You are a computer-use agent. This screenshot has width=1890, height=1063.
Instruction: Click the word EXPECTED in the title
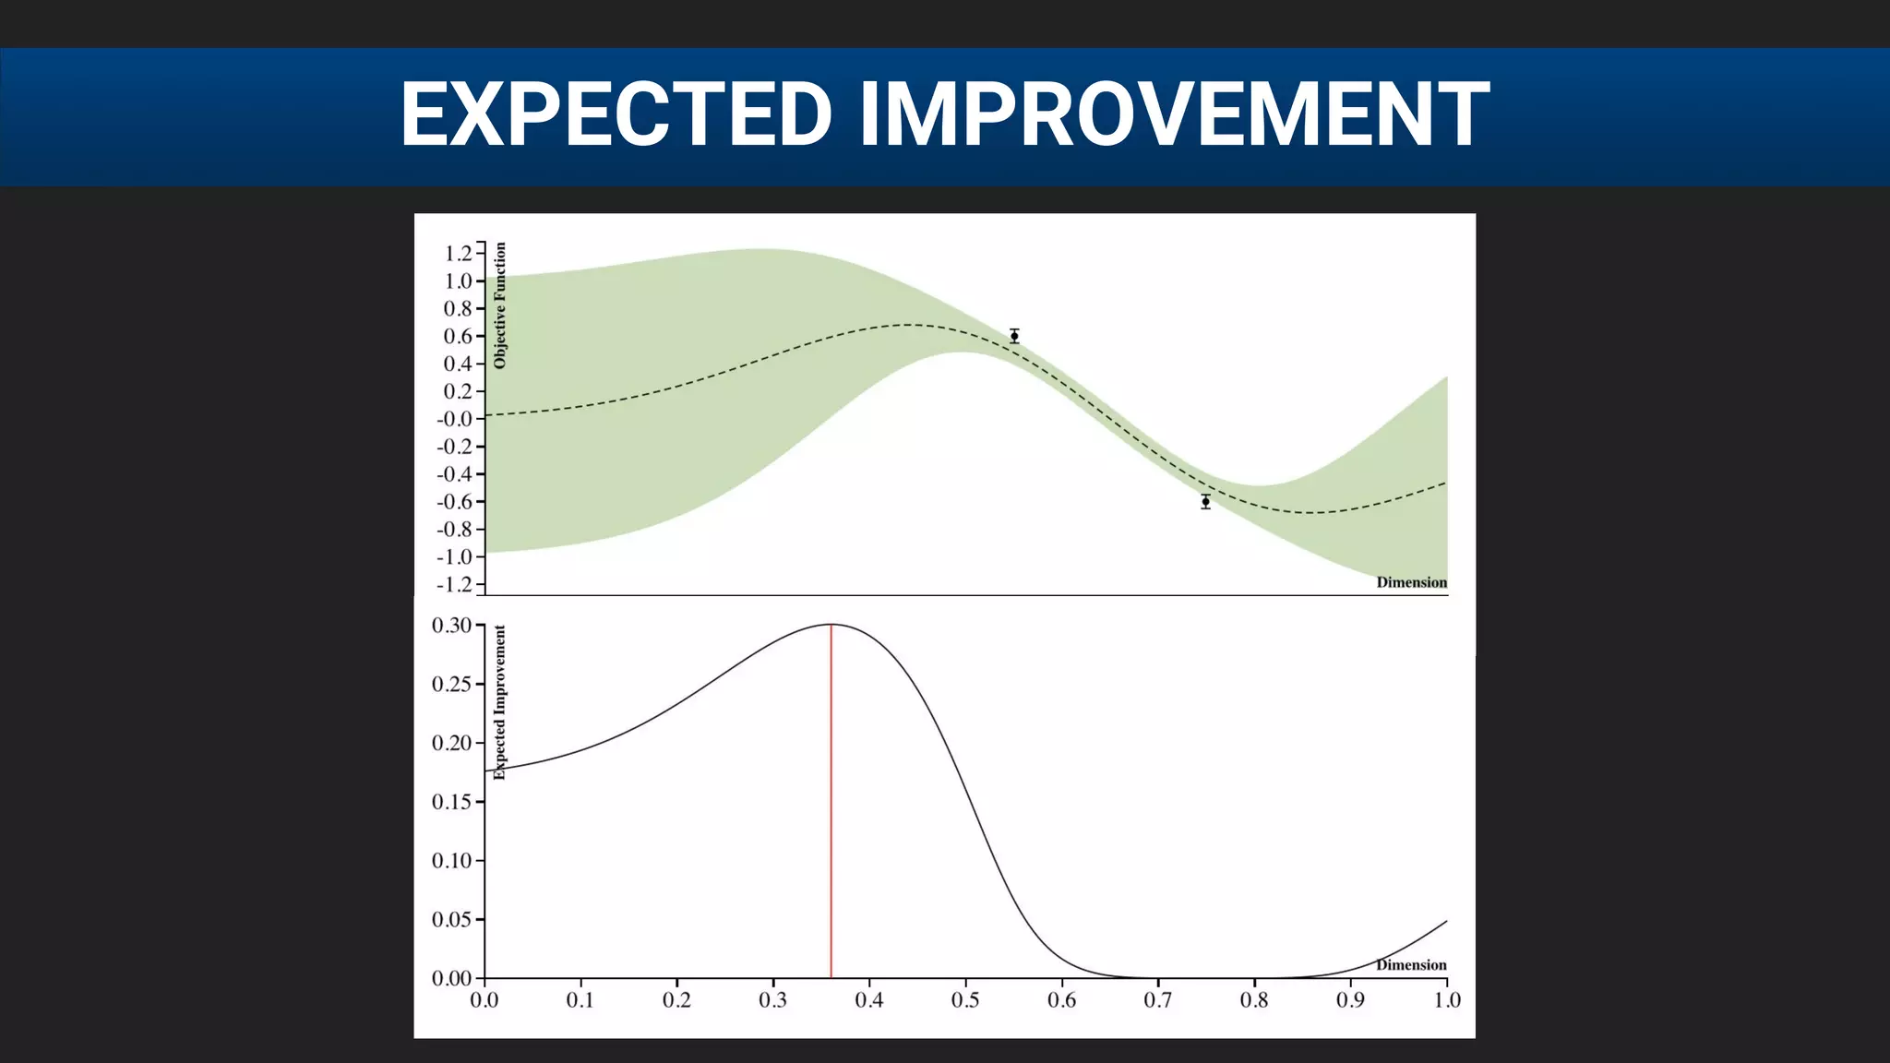point(616,114)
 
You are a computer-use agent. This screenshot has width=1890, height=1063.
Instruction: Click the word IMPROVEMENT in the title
point(1174,114)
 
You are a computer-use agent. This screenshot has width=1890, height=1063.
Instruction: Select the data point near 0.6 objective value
point(1014,336)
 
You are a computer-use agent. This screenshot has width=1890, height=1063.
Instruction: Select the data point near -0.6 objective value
point(1205,502)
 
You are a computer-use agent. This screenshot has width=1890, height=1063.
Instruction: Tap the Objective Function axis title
point(500,305)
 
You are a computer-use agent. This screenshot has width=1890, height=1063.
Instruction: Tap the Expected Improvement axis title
point(500,702)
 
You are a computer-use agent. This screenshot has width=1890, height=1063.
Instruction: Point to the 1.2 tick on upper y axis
point(458,253)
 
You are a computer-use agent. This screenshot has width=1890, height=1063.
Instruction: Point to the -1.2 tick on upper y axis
point(455,584)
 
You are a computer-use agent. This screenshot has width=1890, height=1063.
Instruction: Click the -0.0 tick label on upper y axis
point(455,419)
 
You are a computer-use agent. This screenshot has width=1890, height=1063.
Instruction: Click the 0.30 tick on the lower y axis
point(451,626)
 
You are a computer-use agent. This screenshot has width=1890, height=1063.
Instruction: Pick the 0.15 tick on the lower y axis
point(451,802)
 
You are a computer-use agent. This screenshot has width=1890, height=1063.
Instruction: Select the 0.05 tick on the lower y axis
point(451,919)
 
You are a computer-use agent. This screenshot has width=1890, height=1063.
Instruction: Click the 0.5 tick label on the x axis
point(965,1000)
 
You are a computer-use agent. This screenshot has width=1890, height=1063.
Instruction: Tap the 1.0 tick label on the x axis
point(1446,1000)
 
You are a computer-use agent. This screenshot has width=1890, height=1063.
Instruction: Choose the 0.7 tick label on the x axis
point(1158,1000)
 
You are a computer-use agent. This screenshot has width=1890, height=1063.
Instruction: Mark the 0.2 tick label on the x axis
point(676,1000)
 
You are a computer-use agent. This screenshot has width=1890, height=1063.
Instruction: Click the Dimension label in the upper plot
point(1411,582)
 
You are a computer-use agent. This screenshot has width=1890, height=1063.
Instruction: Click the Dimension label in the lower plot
point(1411,965)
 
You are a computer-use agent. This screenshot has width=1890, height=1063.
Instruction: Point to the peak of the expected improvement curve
point(831,625)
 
